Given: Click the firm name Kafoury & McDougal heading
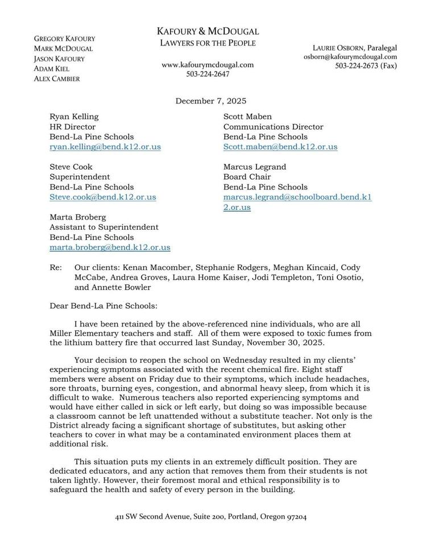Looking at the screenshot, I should (208, 31).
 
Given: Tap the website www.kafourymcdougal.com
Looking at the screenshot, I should (208, 65).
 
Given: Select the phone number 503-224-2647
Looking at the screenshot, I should (208, 75).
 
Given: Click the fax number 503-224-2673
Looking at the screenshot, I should (366, 66).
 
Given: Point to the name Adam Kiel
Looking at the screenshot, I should (51, 69).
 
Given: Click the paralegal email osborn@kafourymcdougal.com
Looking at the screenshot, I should (350, 57).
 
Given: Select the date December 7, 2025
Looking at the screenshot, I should (210, 101).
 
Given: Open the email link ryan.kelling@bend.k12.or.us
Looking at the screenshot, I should (105, 147).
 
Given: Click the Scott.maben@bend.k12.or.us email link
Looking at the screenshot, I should (280, 147).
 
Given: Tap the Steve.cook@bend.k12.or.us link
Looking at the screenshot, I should (103, 197).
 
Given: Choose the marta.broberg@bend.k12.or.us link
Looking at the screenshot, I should (110, 247).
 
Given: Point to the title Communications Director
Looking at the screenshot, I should (273, 127).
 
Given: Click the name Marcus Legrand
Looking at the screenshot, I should (254, 167).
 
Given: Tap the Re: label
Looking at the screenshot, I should (56, 267).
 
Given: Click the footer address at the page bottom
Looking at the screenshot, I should (210, 517).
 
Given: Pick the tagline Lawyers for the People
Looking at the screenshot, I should (208, 43).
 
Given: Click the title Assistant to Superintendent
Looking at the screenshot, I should (104, 227).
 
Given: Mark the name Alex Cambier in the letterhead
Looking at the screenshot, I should (57, 79).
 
